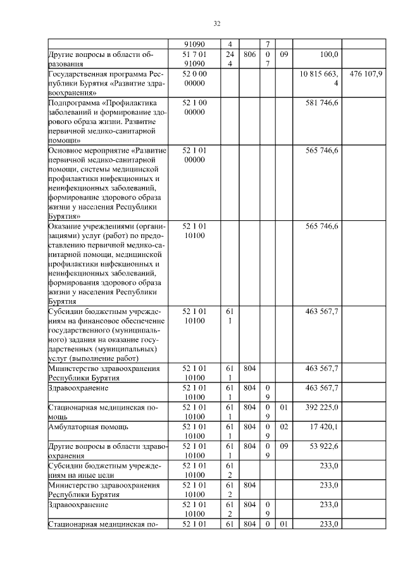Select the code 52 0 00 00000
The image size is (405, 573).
194,79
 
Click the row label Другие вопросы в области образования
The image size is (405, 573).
92,60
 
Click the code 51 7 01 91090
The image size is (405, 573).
194,60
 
